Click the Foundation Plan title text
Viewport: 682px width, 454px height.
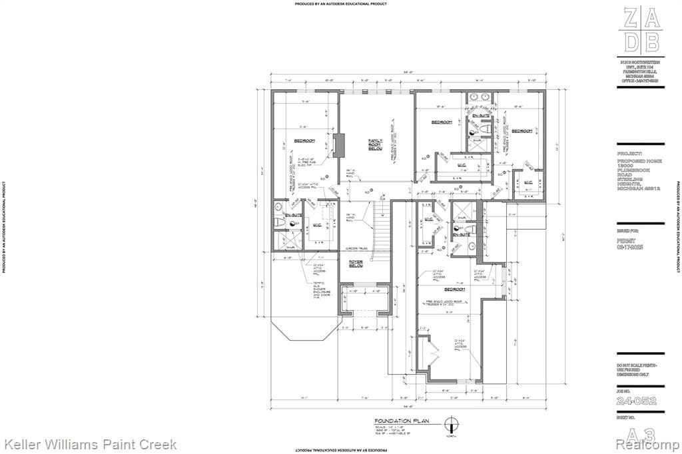pyautogui.click(x=403, y=421)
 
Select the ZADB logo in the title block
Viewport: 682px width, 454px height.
pyautogui.click(x=642, y=30)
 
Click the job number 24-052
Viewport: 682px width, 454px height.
pyautogui.click(x=636, y=401)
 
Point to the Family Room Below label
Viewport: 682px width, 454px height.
pyautogui.click(x=376, y=146)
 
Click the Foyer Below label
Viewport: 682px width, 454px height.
pyautogui.click(x=356, y=262)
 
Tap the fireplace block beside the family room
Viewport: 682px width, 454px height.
pyautogui.click(x=339, y=145)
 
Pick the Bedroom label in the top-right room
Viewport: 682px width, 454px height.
pyautogui.click(x=523, y=131)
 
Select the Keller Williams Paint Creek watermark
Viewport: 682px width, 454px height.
pyautogui.click(x=91, y=444)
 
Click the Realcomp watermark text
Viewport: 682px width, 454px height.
pyautogui.click(x=648, y=444)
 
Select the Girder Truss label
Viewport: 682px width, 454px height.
pyautogui.click(x=357, y=249)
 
